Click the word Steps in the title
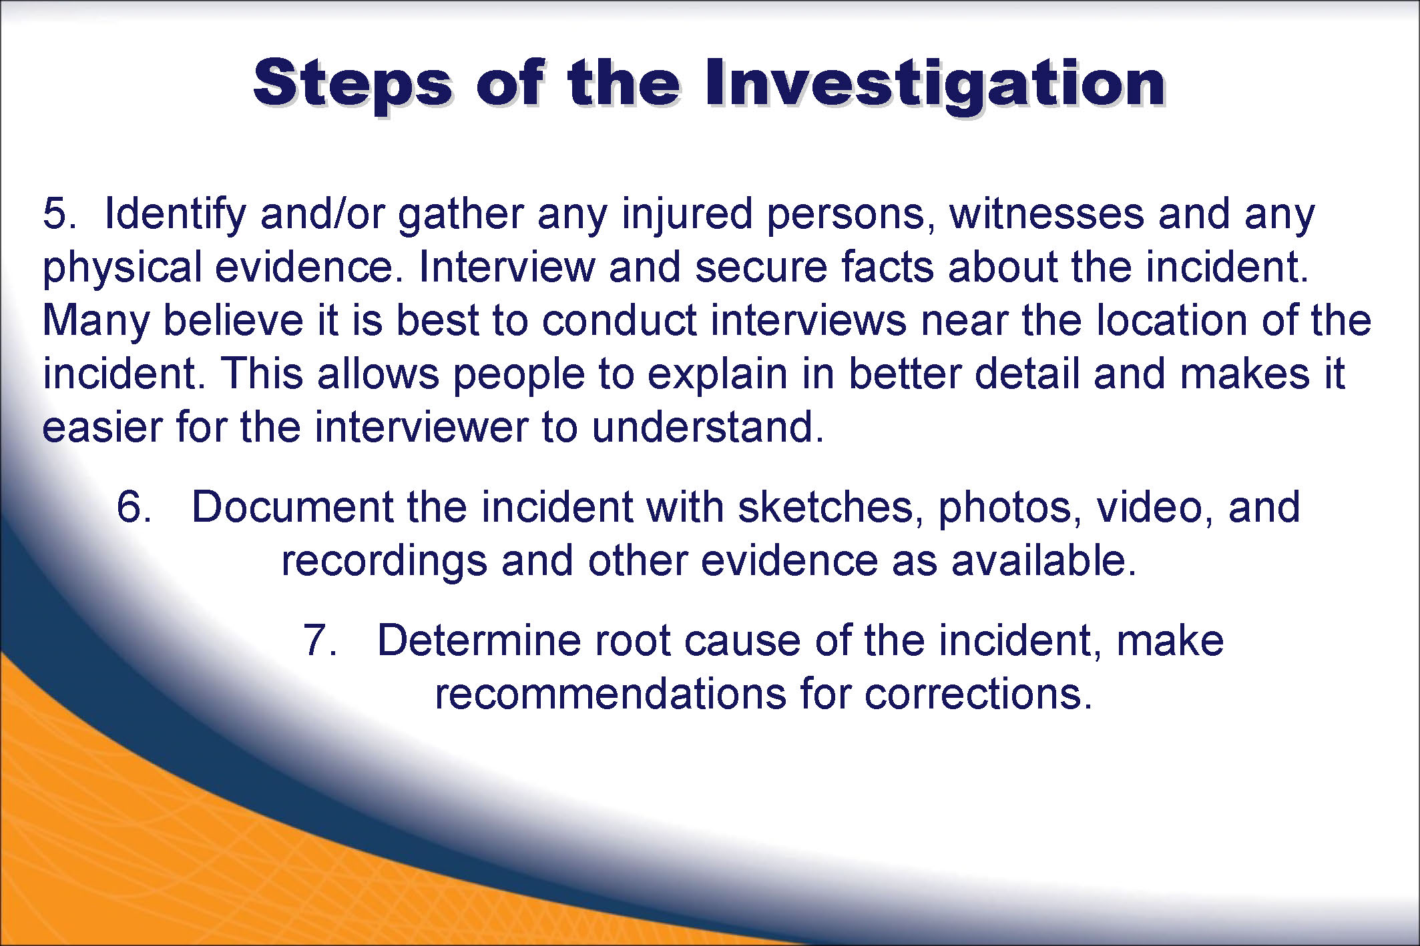pos(353,86)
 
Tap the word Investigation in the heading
pos(935,86)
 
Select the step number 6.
pos(134,507)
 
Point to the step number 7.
pos(320,640)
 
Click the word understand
pos(708,428)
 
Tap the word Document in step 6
pos(292,507)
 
